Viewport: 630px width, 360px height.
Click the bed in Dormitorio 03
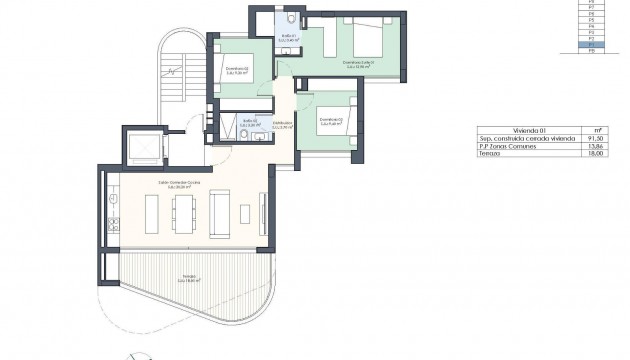(338, 111)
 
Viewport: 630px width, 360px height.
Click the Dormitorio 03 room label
(329, 121)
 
